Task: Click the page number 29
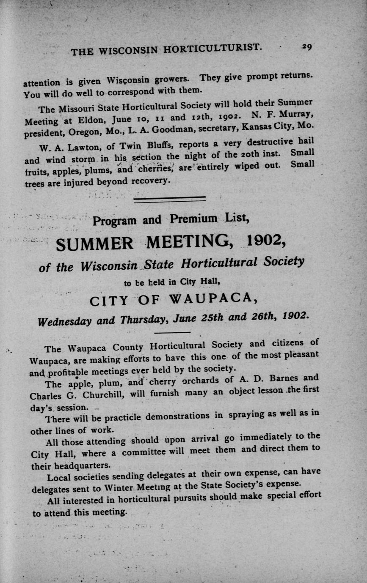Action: tap(307, 47)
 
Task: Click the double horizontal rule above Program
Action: tap(169, 199)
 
